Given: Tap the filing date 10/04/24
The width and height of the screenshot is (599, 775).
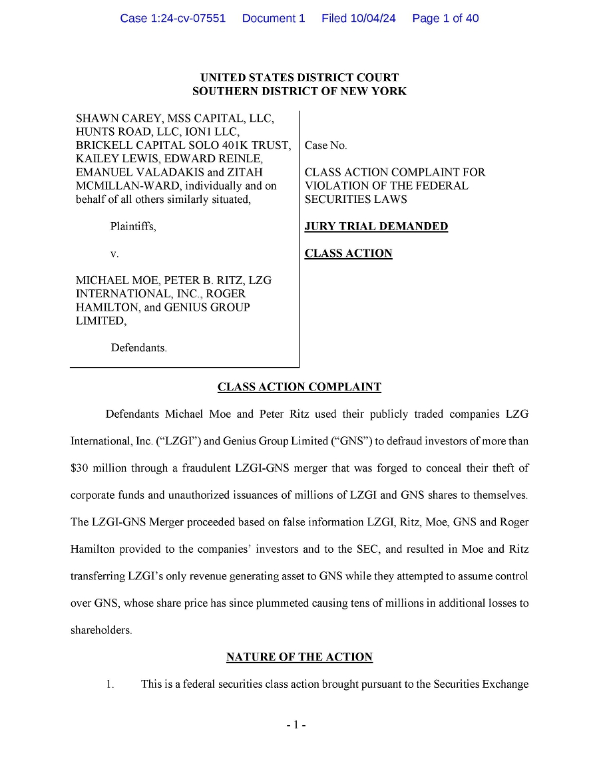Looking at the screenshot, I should (x=371, y=19).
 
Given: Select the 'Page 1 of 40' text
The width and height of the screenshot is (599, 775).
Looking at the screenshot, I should (x=445, y=19).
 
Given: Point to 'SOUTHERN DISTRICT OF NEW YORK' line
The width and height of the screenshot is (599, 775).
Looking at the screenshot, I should (x=299, y=92).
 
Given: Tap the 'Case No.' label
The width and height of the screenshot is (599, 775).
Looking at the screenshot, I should (x=325, y=146).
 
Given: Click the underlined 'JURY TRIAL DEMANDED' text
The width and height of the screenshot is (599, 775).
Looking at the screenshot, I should (x=376, y=226).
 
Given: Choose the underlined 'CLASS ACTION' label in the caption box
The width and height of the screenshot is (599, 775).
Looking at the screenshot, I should (x=348, y=253).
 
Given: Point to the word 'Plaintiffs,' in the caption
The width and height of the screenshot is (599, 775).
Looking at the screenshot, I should (x=133, y=227).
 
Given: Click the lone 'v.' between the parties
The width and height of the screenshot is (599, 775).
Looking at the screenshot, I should (x=114, y=253).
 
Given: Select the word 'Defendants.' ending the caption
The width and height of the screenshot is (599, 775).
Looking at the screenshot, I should (x=138, y=348).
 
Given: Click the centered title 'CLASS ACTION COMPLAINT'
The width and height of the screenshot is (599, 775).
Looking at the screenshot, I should (x=299, y=387).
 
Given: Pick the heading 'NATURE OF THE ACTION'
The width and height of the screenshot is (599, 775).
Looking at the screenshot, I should (x=299, y=657).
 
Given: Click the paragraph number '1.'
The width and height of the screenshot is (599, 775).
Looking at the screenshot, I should (x=110, y=684).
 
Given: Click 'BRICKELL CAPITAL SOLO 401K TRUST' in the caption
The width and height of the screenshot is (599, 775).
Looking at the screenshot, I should (x=183, y=146).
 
